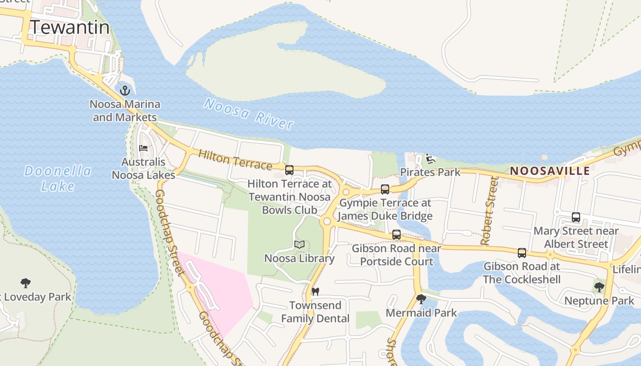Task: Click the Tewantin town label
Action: coord(70,27)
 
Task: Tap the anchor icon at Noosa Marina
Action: coord(125,91)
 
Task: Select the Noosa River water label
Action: coord(248,113)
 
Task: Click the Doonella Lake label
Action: coord(58,178)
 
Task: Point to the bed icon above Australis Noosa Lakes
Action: coord(144,148)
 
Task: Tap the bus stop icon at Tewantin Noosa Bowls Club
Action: coord(289,170)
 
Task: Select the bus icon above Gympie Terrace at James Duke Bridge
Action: coord(385,189)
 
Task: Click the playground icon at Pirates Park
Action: coord(430,159)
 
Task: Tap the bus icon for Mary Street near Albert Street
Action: coord(576,217)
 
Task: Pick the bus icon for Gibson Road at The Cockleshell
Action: coord(522,253)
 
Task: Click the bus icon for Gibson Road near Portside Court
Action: coord(397,235)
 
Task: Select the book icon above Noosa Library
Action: coord(299,245)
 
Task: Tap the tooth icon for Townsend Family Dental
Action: coord(315,291)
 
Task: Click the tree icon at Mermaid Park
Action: coord(421,299)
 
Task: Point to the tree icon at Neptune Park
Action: coord(599,287)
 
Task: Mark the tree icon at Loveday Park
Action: coord(26,283)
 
